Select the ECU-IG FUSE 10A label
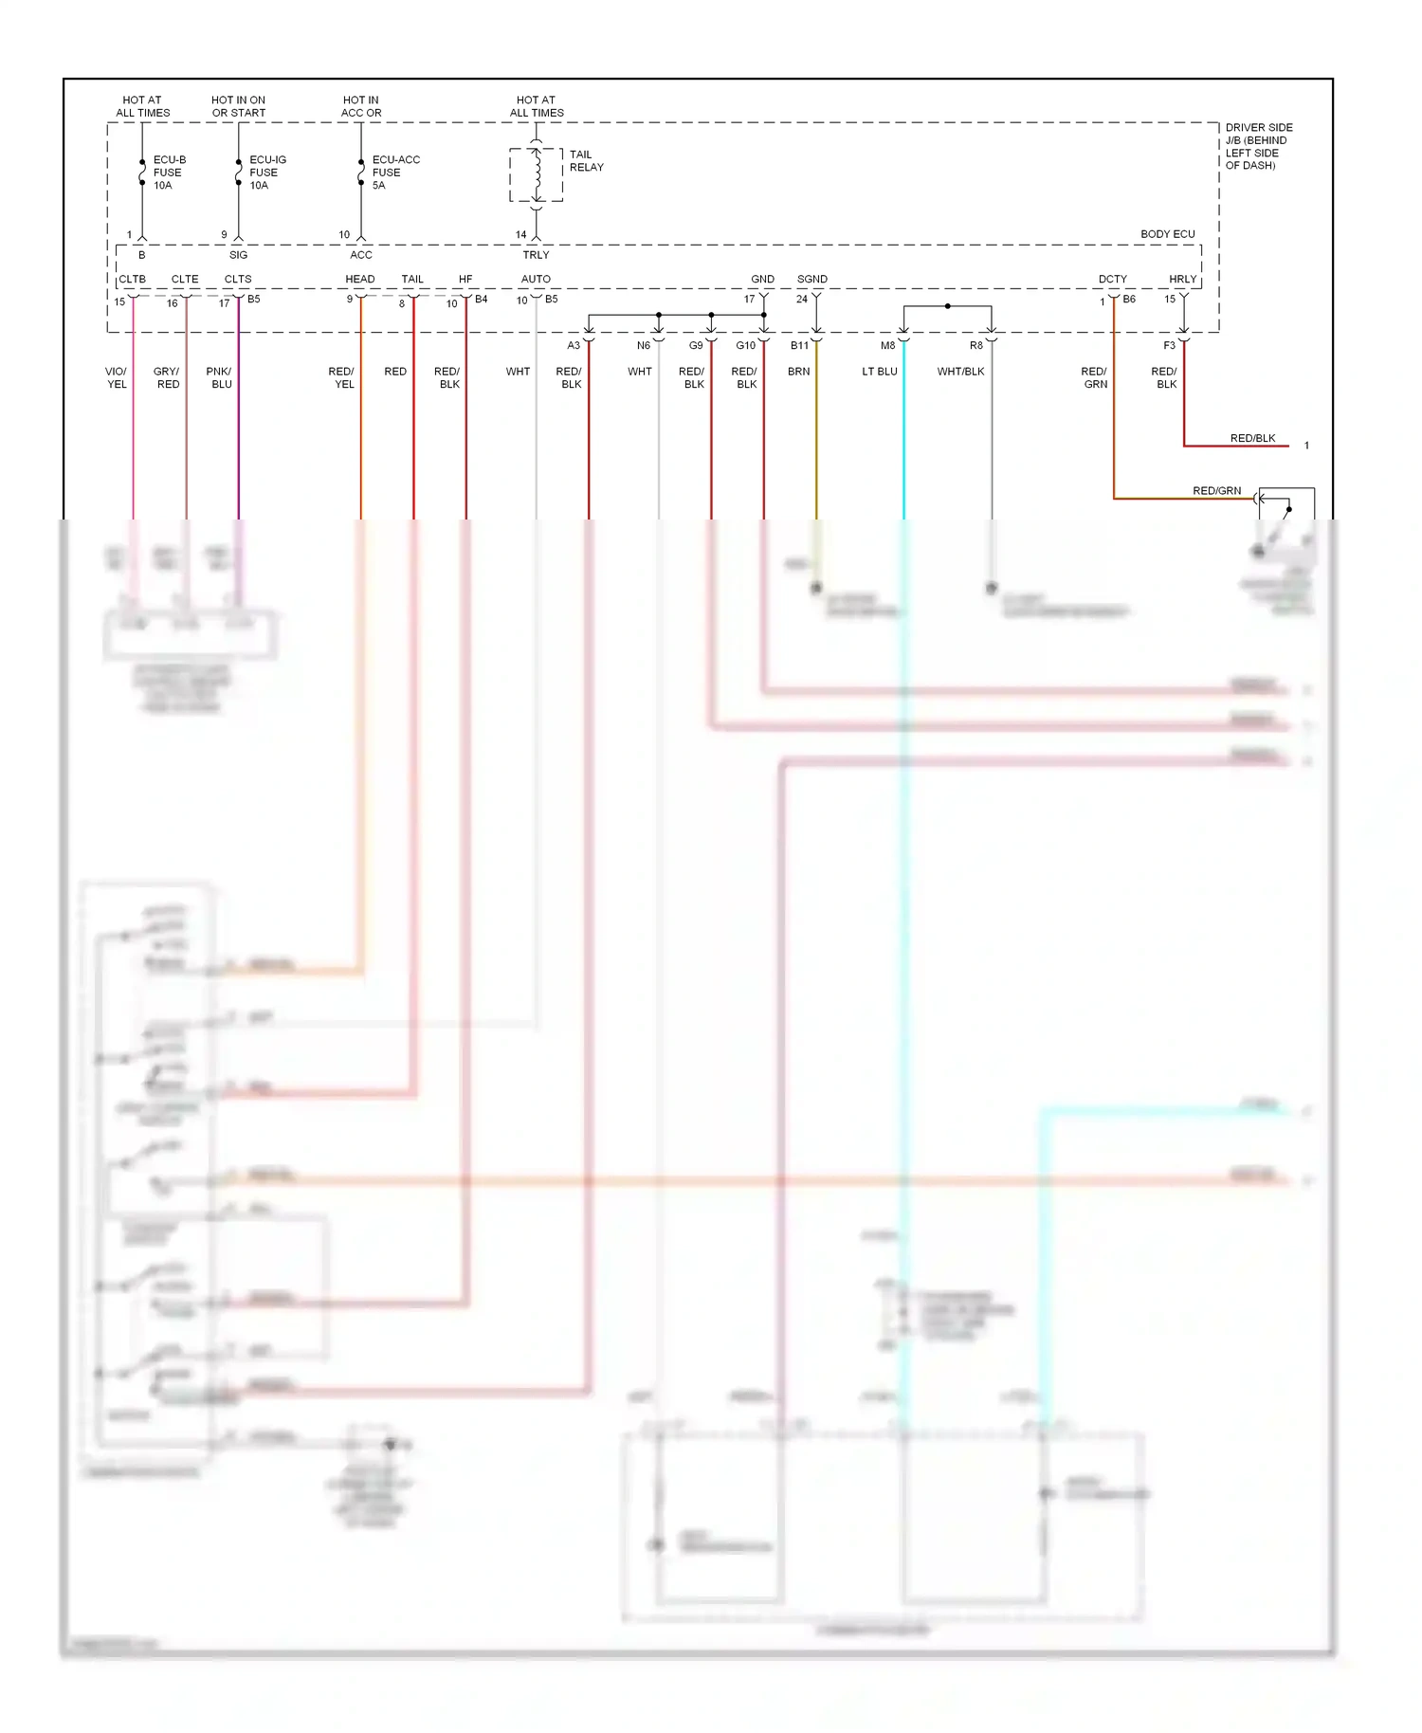(x=266, y=173)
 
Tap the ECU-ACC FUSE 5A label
(x=394, y=173)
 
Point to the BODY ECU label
(x=1167, y=234)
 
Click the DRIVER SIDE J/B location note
(x=1258, y=146)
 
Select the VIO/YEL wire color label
(x=117, y=377)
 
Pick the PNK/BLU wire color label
(x=220, y=377)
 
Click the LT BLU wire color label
(x=879, y=372)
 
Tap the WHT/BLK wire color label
(x=960, y=372)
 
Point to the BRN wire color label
(x=798, y=372)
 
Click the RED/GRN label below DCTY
(x=1095, y=377)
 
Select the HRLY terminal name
(x=1182, y=279)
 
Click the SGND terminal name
(x=811, y=279)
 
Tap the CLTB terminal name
(x=132, y=279)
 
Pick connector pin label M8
(x=887, y=345)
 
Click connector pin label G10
(x=745, y=345)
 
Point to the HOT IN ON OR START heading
(x=238, y=106)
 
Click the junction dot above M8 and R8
(x=947, y=306)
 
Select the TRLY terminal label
(x=536, y=255)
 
